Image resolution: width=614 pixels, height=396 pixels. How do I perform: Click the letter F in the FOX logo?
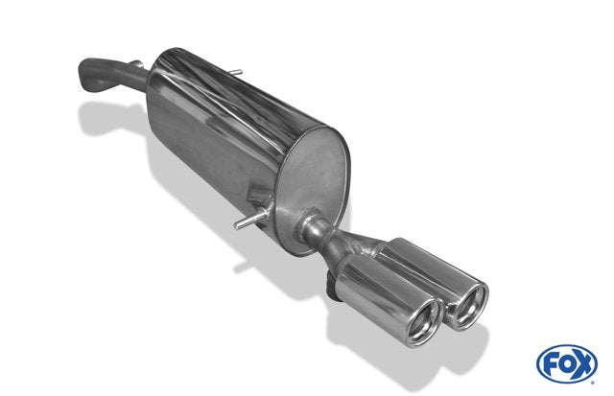(549, 364)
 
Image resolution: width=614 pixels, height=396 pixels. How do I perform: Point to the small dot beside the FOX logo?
(593, 383)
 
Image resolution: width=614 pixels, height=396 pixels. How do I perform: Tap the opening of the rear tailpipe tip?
(471, 306)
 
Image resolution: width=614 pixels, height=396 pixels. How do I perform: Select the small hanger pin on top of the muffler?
(235, 72)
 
